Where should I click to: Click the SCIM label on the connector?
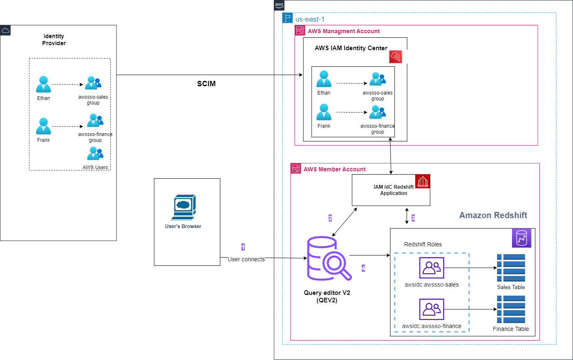click(x=206, y=84)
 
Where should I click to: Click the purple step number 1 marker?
click(x=243, y=247)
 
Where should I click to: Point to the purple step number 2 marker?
click(x=330, y=218)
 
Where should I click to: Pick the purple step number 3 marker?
click(x=413, y=217)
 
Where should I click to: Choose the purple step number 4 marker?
click(x=363, y=268)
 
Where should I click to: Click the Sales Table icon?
click(x=511, y=268)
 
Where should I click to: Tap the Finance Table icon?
click(x=511, y=309)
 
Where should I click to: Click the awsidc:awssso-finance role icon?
click(x=432, y=309)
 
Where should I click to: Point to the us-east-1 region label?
click(x=310, y=19)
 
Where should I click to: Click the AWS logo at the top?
click(x=279, y=5)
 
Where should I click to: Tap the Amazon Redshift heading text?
click(x=493, y=215)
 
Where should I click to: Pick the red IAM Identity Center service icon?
click(x=396, y=57)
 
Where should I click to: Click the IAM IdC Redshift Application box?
click(x=391, y=190)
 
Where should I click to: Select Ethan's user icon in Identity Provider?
click(x=43, y=84)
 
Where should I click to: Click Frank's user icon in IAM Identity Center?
click(x=323, y=112)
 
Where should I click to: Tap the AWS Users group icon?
click(x=95, y=154)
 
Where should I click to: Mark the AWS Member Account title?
click(x=334, y=169)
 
